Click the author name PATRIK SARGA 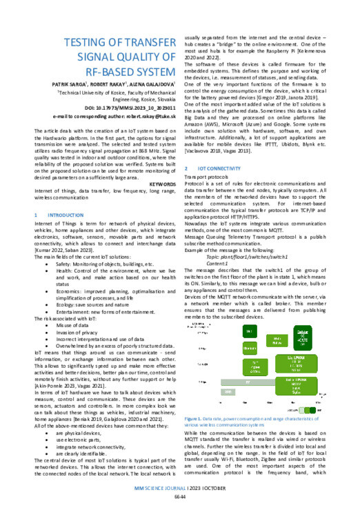[77, 81]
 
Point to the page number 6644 [181, 498]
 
